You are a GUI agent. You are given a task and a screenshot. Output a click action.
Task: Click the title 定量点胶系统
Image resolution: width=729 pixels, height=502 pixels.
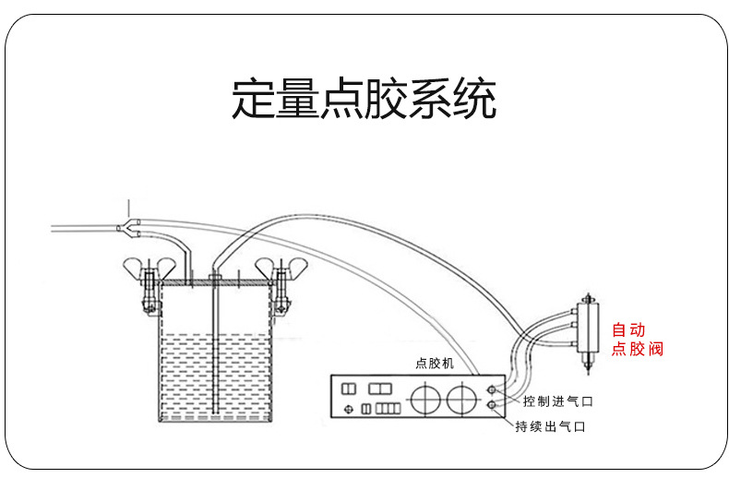click(364, 100)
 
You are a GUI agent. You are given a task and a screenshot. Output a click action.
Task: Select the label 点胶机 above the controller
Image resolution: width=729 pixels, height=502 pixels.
click(435, 364)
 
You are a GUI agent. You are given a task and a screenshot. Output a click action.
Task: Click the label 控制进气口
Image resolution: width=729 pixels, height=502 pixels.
click(556, 401)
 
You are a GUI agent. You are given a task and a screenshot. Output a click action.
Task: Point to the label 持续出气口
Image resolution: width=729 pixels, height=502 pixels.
click(551, 426)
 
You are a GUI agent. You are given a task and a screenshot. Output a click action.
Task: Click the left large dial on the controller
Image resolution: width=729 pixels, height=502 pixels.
click(424, 400)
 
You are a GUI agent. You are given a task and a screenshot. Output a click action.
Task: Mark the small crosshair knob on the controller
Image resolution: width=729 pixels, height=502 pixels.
click(349, 408)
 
